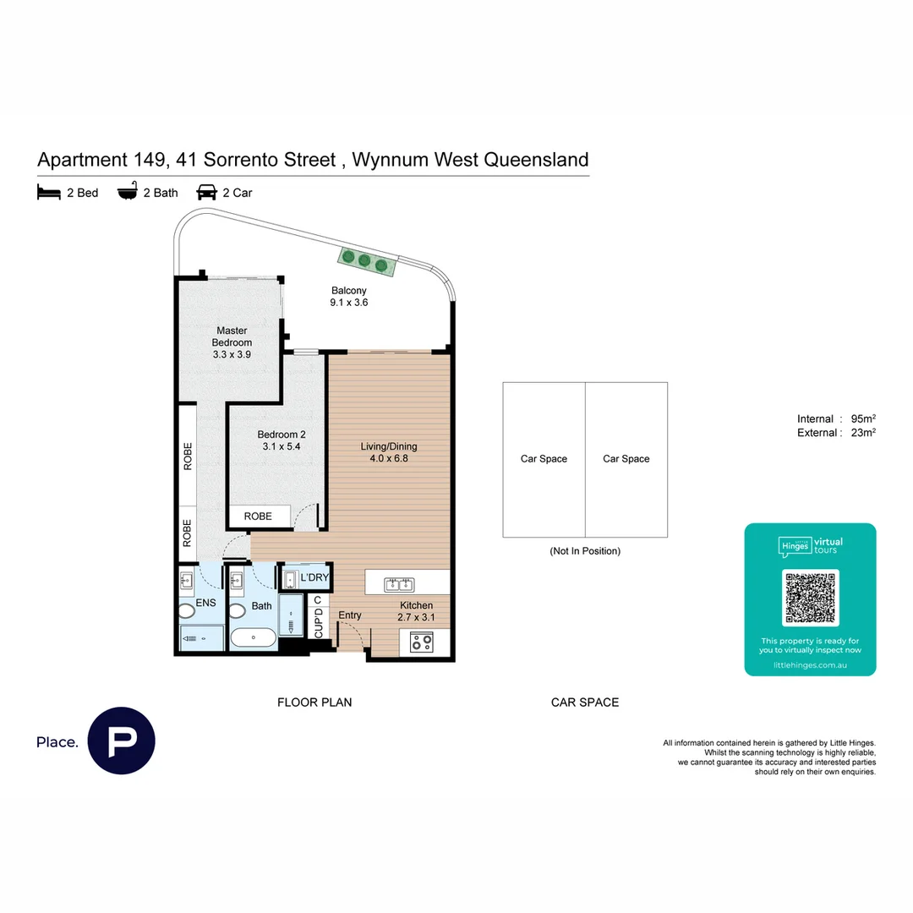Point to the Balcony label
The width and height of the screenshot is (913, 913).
tap(348, 290)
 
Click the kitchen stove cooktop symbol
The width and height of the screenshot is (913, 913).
tap(420, 642)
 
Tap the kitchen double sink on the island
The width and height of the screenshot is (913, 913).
tap(398, 583)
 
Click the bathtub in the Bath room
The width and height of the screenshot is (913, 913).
tap(253, 638)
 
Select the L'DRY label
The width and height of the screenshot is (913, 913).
tap(314, 577)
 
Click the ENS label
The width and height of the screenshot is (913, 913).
tap(205, 603)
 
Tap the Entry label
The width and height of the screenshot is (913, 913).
tap(349, 615)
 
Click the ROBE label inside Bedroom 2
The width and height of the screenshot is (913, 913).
tap(257, 516)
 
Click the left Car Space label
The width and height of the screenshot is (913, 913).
tap(544, 459)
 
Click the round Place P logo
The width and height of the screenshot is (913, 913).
tap(122, 741)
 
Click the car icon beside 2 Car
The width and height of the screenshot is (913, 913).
tap(206, 193)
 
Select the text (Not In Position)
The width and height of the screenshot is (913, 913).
tap(585, 551)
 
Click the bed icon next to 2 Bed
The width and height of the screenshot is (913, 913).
tap(48, 193)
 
